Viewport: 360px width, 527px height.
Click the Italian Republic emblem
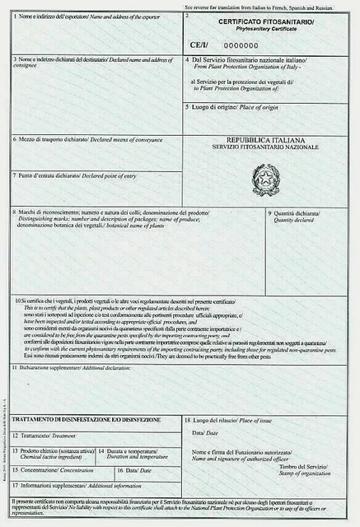point(266,180)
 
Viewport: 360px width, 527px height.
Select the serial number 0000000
point(241,45)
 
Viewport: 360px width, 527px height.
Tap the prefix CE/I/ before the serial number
point(201,45)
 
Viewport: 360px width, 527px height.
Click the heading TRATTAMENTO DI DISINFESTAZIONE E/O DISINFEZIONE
point(86,419)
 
